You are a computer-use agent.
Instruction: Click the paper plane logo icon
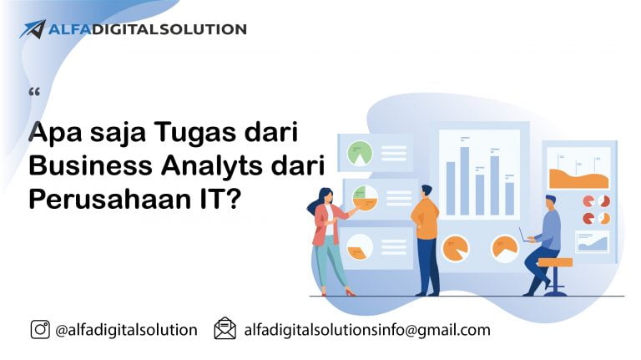click(33, 29)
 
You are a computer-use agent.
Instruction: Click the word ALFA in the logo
click(68, 29)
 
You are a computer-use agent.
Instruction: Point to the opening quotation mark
click(34, 92)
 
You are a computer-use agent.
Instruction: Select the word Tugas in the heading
click(195, 133)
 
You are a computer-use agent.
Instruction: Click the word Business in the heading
click(90, 165)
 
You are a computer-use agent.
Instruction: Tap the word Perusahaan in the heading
click(110, 200)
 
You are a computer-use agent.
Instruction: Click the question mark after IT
click(232, 199)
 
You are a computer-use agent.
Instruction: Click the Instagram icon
click(40, 329)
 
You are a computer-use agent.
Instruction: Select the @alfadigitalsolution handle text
click(126, 330)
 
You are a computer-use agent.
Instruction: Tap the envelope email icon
click(225, 328)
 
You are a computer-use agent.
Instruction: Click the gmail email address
click(367, 330)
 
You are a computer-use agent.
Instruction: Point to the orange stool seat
click(555, 262)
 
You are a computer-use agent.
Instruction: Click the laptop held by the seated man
click(524, 236)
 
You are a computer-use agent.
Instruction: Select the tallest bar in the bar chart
click(464, 180)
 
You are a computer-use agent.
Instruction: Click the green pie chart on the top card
click(360, 153)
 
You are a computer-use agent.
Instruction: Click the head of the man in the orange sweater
click(426, 190)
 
